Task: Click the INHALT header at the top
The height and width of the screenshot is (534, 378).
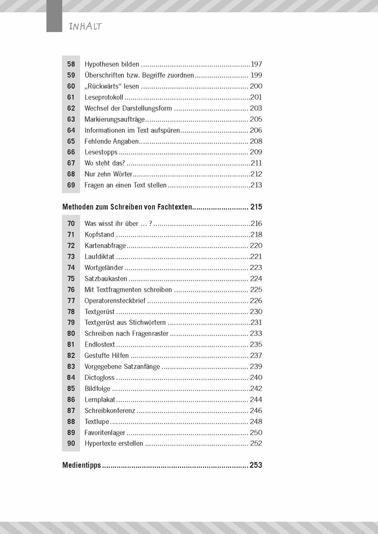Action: coord(85,26)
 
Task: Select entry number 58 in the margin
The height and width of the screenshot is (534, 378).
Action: coord(71,64)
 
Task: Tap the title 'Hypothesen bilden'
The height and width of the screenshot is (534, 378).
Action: coord(112,64)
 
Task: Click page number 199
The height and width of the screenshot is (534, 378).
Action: coord(256,75)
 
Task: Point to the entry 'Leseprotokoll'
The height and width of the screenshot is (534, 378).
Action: coord(104,97)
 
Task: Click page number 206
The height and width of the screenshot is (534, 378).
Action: coord(256,130)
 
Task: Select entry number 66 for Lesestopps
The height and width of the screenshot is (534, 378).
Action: coord(71,152)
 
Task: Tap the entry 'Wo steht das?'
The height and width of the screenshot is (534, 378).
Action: coord(105,163)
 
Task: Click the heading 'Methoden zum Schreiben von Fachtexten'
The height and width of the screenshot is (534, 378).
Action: coord(127,207)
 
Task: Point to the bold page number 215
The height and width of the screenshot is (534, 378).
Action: coord(256,207)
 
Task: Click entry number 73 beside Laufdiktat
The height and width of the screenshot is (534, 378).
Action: coord(71,256)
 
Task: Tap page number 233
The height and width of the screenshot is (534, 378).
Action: coord(256,333)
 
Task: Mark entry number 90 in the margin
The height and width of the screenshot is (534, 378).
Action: coord(71,443)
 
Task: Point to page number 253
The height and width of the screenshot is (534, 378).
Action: coord(256,465)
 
